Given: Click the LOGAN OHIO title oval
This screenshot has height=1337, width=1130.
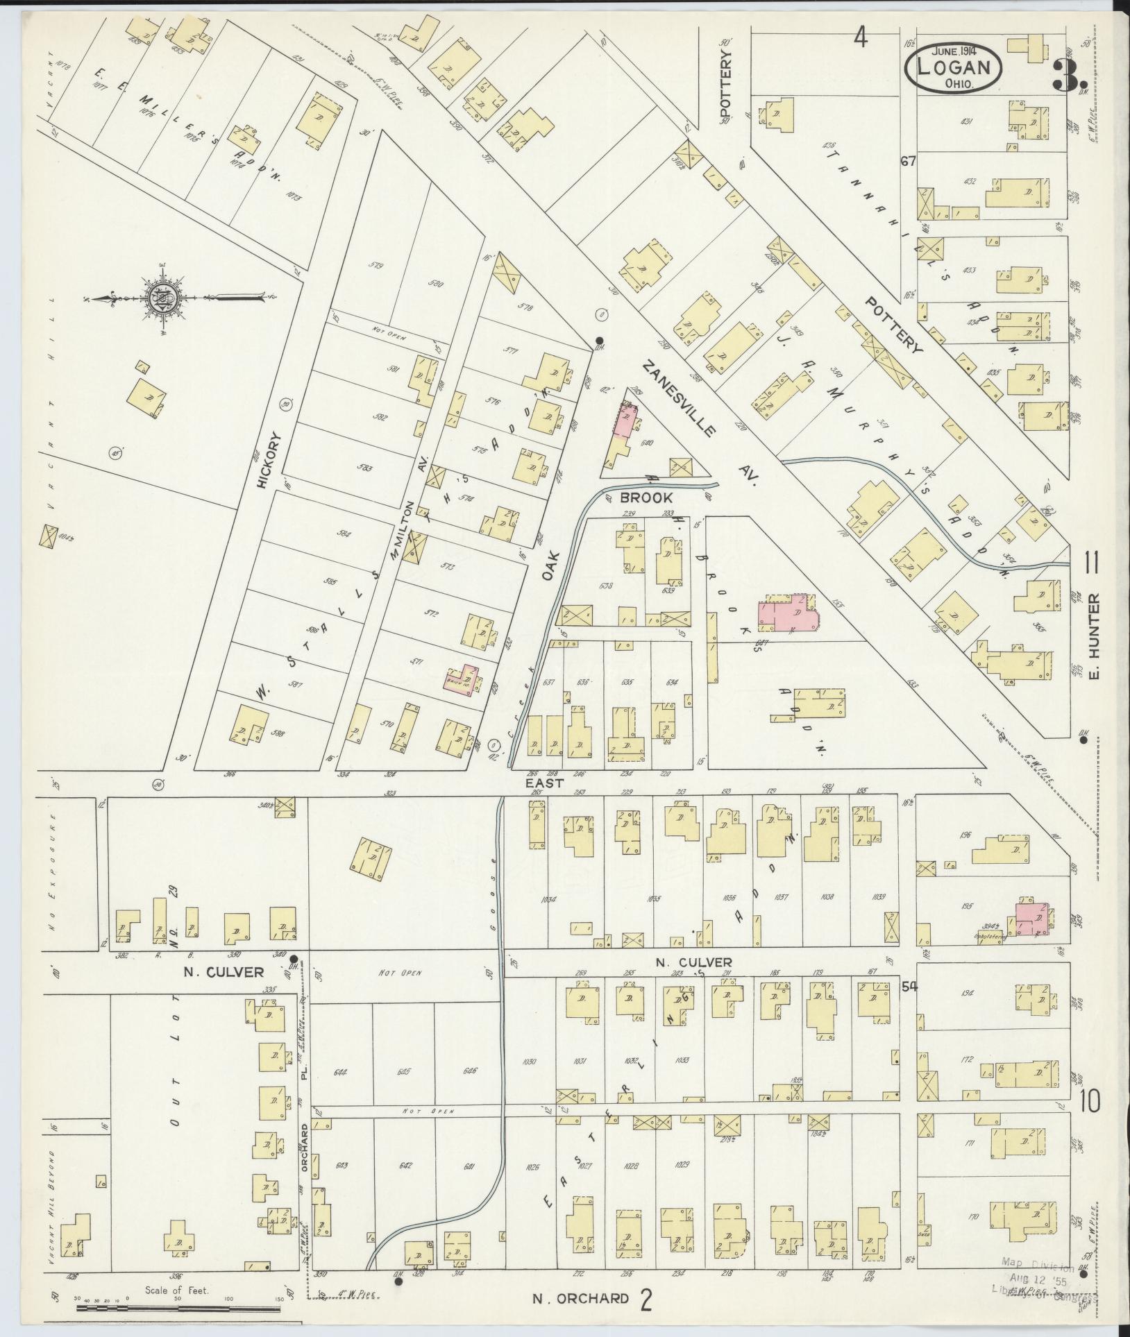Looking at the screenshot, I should coord(953,67).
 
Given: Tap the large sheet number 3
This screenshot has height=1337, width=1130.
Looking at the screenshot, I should coord(1065,75).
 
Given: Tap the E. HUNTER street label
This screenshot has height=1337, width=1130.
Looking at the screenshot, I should coord(1096,637).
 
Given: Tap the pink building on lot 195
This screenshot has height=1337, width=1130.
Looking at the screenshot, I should coord(1033,919).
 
